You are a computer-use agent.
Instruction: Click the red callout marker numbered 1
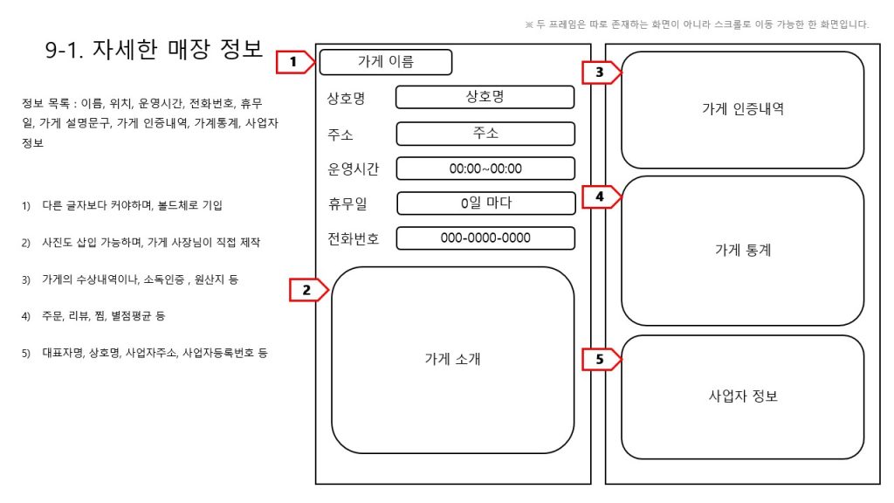point(295,62)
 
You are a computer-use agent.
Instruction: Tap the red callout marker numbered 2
point(308,290)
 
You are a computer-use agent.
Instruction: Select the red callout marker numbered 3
point(602,72)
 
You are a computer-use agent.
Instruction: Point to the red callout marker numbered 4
point(602,196)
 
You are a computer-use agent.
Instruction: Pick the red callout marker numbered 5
point(602,359)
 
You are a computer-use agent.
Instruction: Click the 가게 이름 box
point(386,62)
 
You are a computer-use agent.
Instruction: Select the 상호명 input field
point(485,97)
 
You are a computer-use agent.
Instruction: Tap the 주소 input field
point(485,134)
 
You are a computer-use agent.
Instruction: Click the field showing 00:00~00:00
point(485,169)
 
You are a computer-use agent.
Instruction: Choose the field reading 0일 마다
point(486,203)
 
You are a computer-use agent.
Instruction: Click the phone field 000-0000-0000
point(485,238)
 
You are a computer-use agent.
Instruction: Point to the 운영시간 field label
point(353,169)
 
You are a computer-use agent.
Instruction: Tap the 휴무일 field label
point(347,203)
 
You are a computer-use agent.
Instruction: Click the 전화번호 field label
point(353,238)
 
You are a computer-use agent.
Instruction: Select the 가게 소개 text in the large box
point(453,359)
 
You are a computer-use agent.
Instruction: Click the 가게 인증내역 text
point(743,109)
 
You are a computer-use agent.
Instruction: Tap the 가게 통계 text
point(743,250)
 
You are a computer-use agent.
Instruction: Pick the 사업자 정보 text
point(743,396)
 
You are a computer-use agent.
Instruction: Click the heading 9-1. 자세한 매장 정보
point(154,50)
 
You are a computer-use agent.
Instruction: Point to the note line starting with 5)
point(145,353)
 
